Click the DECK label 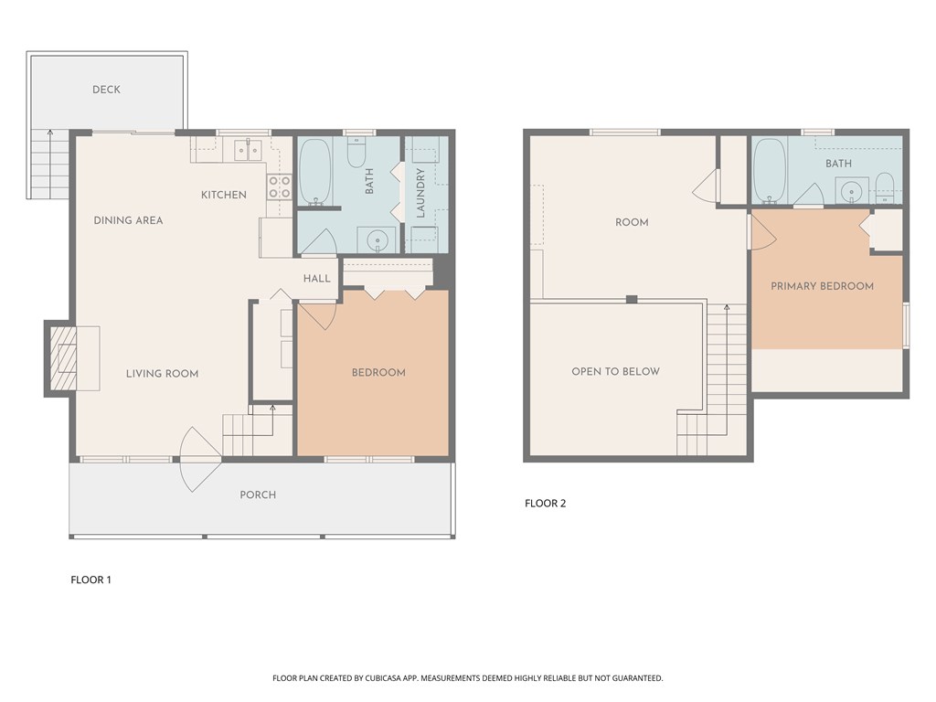tap(106, 90)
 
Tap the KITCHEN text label tap(224, 195)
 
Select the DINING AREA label tap(128, 220)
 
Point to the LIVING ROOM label tap(162, 373)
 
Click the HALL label tap(316, 278)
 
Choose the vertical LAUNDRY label tap(421, 193)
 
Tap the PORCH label tap(258, 495)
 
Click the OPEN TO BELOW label tap(615, 371)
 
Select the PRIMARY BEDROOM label tap(822, 286)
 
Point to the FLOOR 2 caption tap(545, 503)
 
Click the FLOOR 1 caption tap(90, 580)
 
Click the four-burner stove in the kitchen tap(279, 187)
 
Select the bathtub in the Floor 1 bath tap(314, 171)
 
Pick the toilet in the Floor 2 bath tap(885, 186)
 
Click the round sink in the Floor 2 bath tap(851, 191)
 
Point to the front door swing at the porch tap(199, 460)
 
